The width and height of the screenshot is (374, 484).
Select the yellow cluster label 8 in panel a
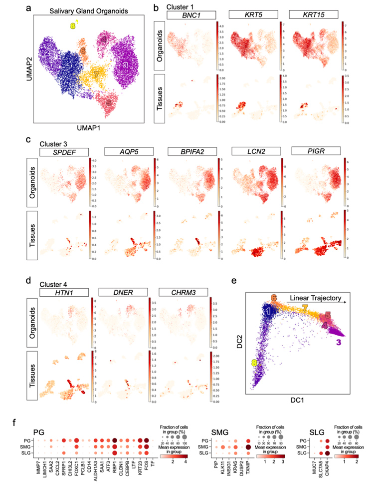pyautogui.click(x=73, y=25)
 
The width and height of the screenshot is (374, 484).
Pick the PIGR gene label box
pyautogui.click(x=315, y=151)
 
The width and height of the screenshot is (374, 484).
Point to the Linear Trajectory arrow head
pyautogui.click(x=347, y=302)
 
